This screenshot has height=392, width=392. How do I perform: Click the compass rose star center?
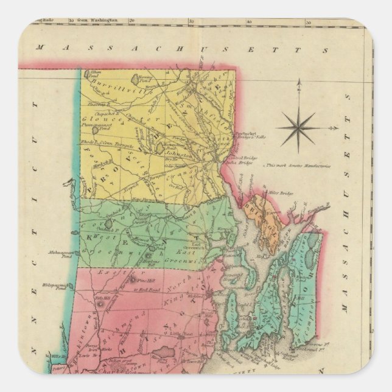[298, 128]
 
